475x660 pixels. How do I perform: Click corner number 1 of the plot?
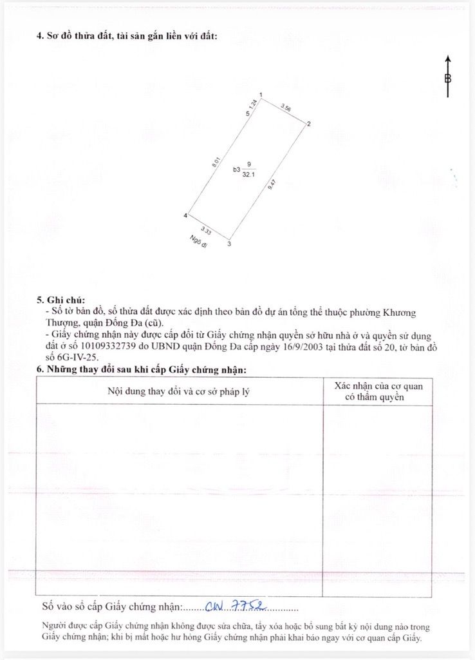point(260,95)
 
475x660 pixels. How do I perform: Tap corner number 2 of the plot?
point(309,124)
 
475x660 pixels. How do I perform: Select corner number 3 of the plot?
point(229,244)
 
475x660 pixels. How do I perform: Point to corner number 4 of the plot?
point(185,215)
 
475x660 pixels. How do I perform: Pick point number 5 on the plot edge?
point(247,114)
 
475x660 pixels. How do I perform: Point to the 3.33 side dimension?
point(206,230)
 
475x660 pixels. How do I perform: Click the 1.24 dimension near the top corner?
point(254,103)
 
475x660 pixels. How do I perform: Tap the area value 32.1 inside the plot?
point(248,174)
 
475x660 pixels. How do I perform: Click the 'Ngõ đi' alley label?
point(198,242)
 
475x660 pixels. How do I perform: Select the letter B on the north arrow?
point(448,79)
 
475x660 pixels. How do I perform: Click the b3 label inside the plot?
point(236,170)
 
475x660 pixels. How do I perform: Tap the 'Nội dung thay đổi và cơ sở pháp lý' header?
point(178,391)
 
